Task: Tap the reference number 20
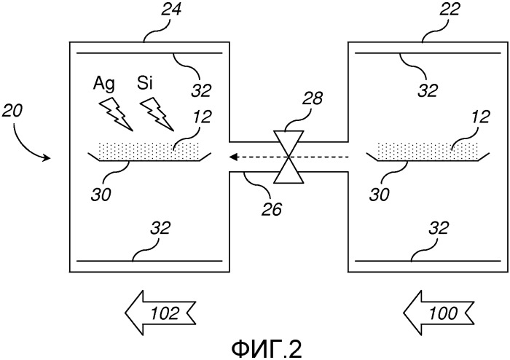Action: coord(12,110)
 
